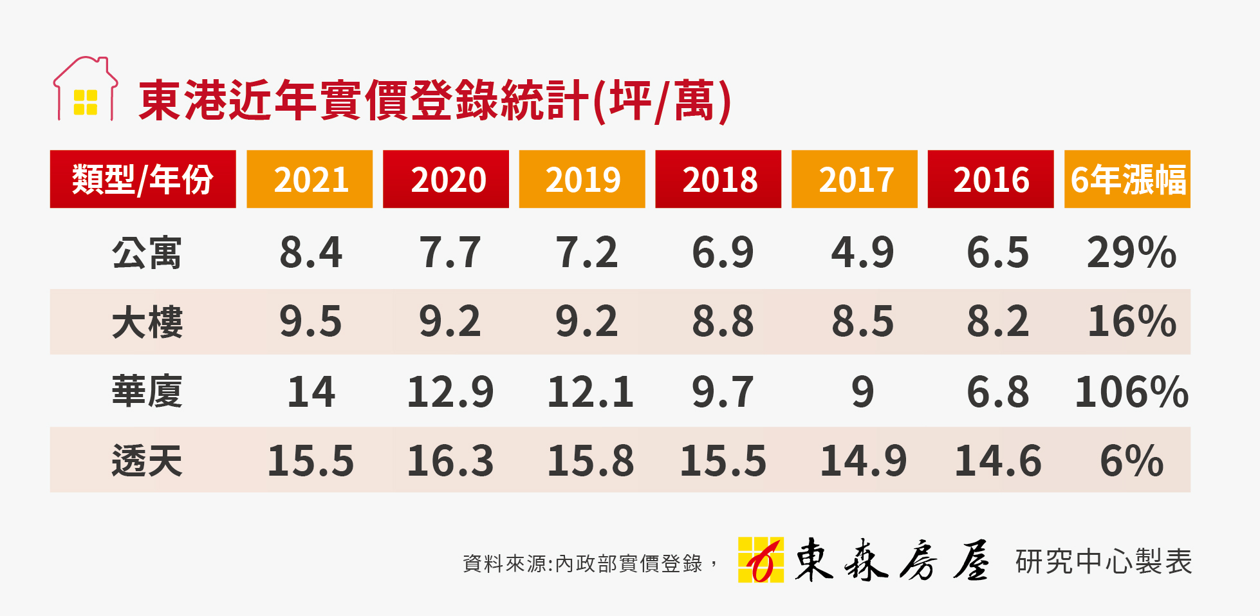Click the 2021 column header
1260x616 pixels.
(310, 179)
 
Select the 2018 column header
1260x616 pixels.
(718, 179)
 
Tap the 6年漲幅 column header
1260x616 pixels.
(1127, 179)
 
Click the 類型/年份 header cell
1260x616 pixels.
(143, 179)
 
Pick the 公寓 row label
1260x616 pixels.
(147, 252)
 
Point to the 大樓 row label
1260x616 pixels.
(147, 322)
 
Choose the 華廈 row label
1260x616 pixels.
(147, 391)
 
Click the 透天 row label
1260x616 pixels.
(147, 461)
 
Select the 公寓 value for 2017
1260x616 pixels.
(862, 252)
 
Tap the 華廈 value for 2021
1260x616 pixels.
(311, 391)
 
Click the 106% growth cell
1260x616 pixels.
(1131, 391)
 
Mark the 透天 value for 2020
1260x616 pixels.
(450, 461)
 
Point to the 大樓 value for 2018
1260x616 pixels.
(723, 322)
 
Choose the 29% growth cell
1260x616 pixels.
(1131, 252)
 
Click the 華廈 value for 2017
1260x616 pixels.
(862, 391)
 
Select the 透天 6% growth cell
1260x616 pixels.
(1131, 461)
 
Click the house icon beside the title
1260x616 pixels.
(86, 90)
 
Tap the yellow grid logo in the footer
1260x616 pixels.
(761, 560)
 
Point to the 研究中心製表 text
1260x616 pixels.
(1104, 562)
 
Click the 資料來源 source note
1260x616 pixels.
(589, 564)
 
